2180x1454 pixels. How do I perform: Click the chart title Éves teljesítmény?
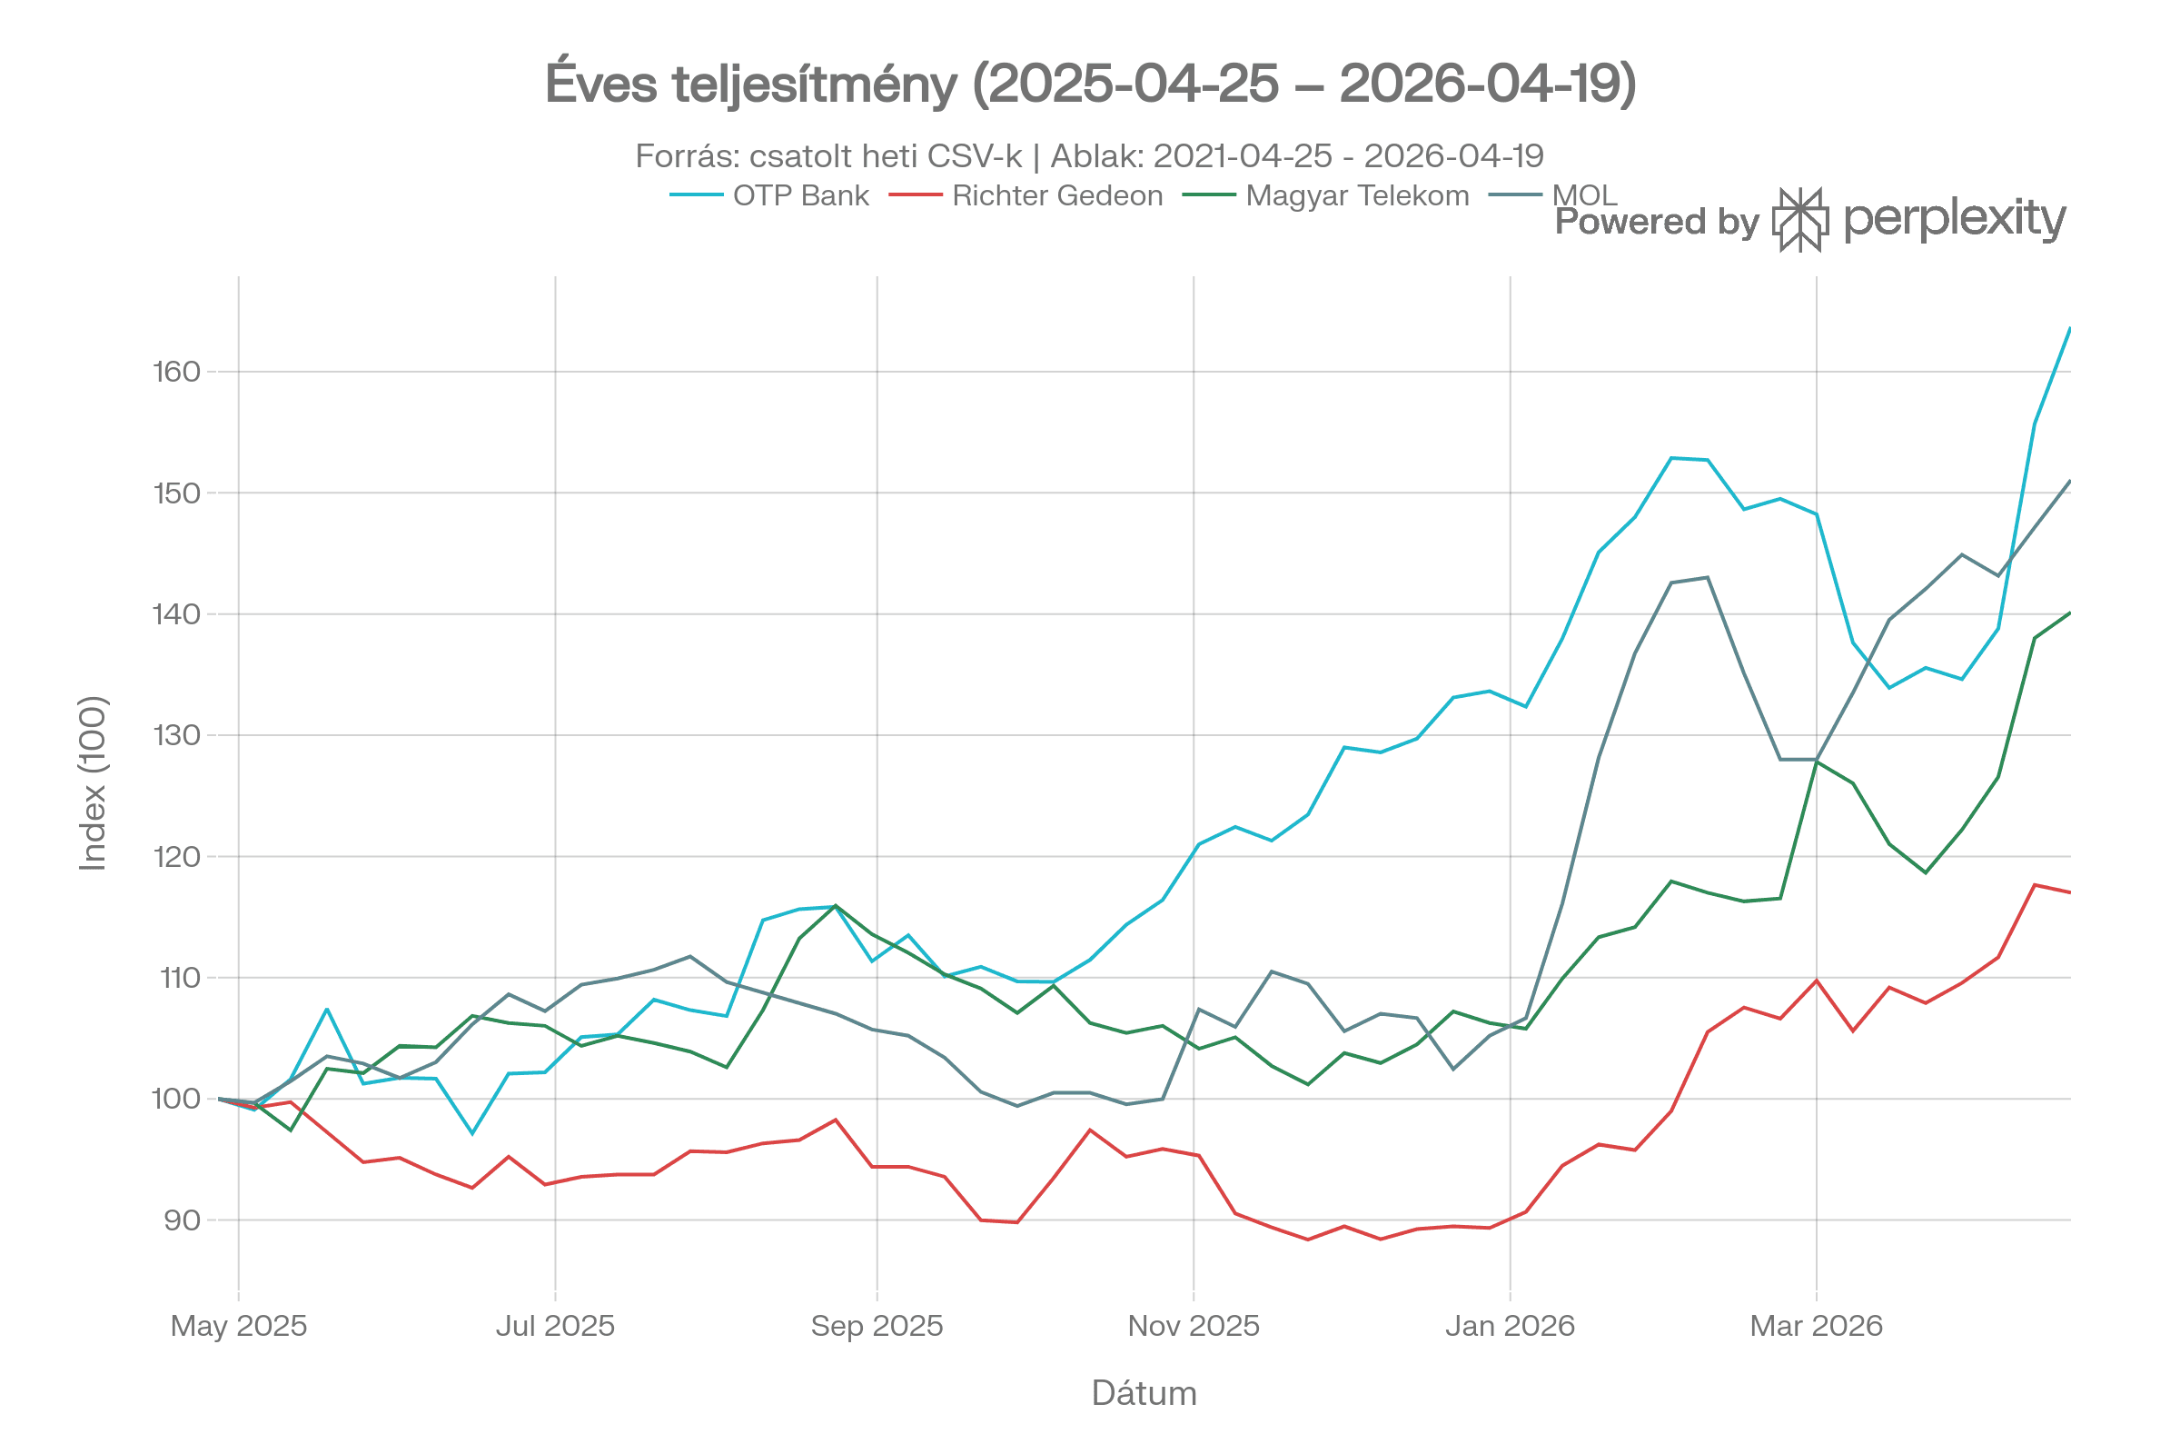coord(1090,85)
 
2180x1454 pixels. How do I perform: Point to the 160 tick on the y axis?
coord(176,372)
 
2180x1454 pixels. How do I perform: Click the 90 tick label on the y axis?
coord(182,1220)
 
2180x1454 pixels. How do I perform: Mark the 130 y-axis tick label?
coord(176,735)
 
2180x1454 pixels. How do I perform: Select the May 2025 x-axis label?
coord(238,1326)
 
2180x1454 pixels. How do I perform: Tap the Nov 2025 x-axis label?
coord(1193,1326)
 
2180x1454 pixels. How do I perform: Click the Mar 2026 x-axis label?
coord(1816,1326)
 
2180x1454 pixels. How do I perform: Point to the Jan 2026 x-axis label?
coord(1510,1326)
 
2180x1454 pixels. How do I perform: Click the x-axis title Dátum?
coord(1144,1393)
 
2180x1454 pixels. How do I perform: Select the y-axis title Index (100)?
coord(94,783)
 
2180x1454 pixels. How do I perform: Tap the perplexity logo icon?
coord(1800,221)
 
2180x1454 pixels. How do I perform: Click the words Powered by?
coord(1656,222)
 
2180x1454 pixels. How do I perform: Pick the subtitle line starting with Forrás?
coord(1089,155)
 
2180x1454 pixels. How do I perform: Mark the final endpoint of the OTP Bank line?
coord(2070,328)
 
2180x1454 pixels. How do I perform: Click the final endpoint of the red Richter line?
coord(2070,892)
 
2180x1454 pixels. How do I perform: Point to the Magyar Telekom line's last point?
coord(2070,612)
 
